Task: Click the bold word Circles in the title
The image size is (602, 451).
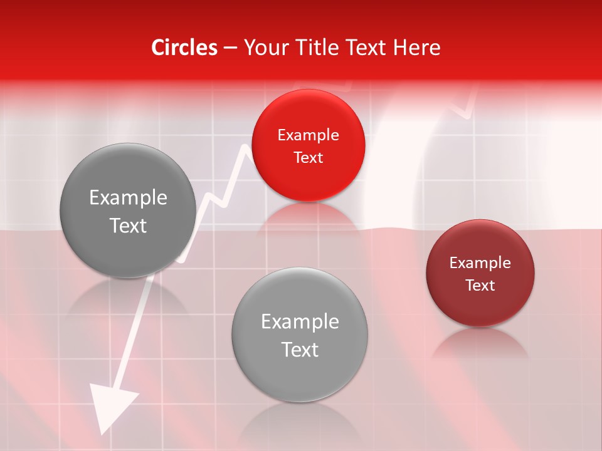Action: (x=184, y=48)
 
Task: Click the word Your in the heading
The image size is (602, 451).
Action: (x=263, y=48)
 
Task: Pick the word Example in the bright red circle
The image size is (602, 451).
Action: (x=308, y=135)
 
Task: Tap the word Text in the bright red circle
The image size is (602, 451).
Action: (x=308, y=157)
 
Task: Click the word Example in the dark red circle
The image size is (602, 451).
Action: (x=480, y=262)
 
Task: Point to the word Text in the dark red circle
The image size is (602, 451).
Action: (x=480, y=285)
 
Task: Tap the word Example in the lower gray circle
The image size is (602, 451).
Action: (x=299, y=321)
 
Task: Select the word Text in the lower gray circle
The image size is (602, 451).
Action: (x=299, y=349)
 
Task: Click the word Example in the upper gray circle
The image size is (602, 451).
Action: (x=128, y=197)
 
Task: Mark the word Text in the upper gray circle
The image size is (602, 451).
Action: (x=128, y=225)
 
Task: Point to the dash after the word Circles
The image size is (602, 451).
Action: (x=230, y=48)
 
